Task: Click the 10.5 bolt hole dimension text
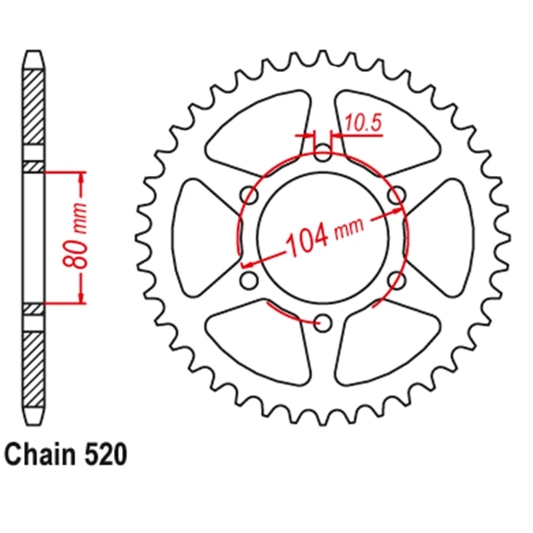(363, 125)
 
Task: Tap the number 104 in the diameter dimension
(306, 241)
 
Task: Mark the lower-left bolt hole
(249, 280)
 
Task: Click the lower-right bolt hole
(398, 280)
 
